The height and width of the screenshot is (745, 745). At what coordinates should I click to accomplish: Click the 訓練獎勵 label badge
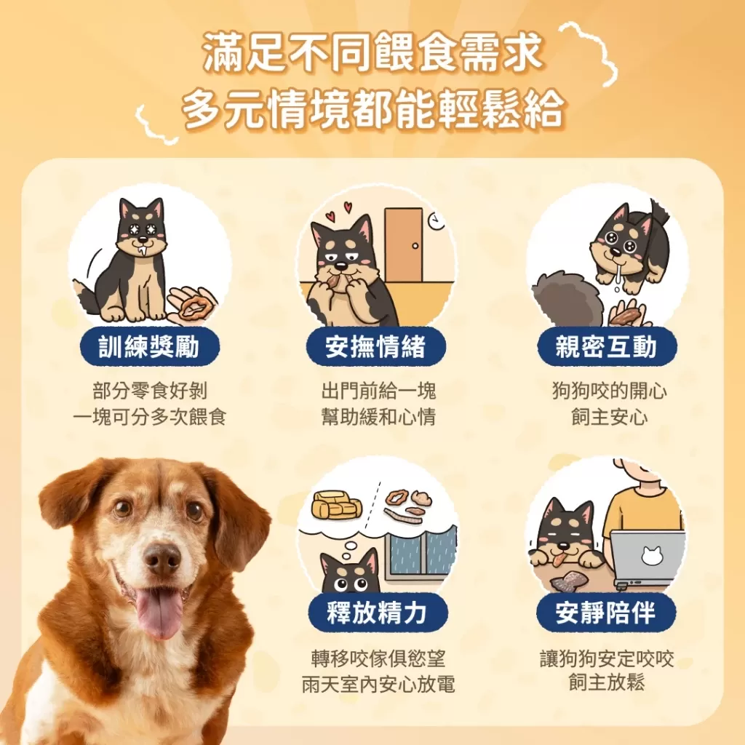pos(149,347)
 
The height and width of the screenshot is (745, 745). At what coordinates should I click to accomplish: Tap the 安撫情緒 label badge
pos(375,347)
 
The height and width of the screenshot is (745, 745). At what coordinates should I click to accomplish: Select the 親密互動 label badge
pos(606,347)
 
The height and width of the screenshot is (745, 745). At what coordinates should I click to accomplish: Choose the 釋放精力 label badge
pos(376,613)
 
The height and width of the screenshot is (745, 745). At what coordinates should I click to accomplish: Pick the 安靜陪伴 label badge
pos(606,613)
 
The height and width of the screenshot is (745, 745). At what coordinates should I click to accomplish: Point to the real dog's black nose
pos(162,558)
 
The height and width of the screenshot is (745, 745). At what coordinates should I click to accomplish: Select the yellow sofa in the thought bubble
pos(337,504)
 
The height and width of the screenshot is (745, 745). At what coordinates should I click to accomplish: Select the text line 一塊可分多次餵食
pos(150,418)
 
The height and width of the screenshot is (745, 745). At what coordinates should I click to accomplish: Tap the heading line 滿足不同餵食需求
pos(372,56)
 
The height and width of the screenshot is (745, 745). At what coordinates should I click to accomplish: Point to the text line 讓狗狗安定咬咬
pos(607,659)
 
